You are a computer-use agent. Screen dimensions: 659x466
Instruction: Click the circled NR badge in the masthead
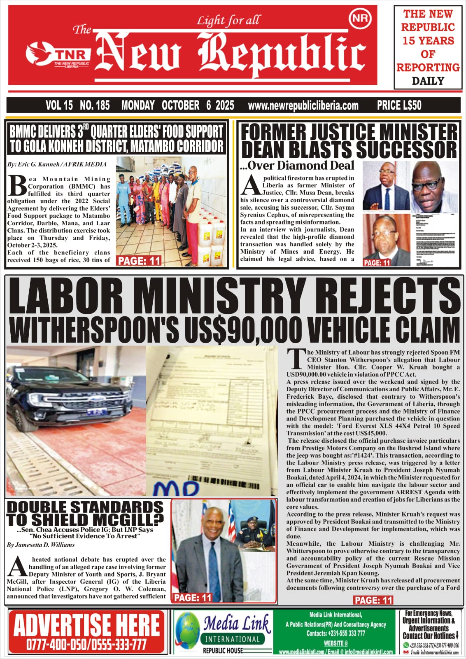click(x=359, y=19)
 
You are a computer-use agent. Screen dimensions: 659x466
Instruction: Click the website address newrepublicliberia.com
click(x=303, y=105)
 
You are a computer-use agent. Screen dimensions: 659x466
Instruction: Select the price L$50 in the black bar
click(x=399, y=105)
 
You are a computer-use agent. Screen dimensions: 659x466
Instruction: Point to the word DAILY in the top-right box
click(x=428, y=81)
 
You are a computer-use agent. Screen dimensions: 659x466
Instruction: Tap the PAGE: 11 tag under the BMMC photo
click(x=139, y=261)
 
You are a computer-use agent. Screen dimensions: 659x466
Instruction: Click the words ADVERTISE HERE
click(x=87, y=625)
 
